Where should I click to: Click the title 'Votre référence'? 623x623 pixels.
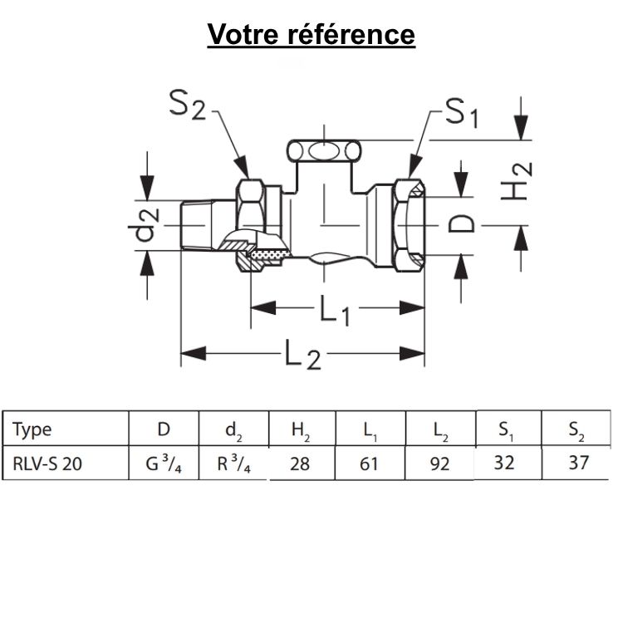point(311,35)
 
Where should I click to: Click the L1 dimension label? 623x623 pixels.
point(336,310)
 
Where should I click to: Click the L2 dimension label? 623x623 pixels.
point(302,356)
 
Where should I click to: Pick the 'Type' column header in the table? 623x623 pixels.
point(32,429)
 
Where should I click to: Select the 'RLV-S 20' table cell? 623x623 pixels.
point(47,464)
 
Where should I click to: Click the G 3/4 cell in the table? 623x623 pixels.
point(164,464)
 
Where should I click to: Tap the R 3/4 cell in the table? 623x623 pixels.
point(234,464)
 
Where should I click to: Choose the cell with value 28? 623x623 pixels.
point(300,464)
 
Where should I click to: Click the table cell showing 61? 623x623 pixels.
point(370,464)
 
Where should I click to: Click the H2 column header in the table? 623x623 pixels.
point(301,430)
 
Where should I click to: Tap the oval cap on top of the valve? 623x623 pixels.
point(324,151)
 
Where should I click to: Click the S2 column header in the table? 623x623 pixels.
point(576,429)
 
